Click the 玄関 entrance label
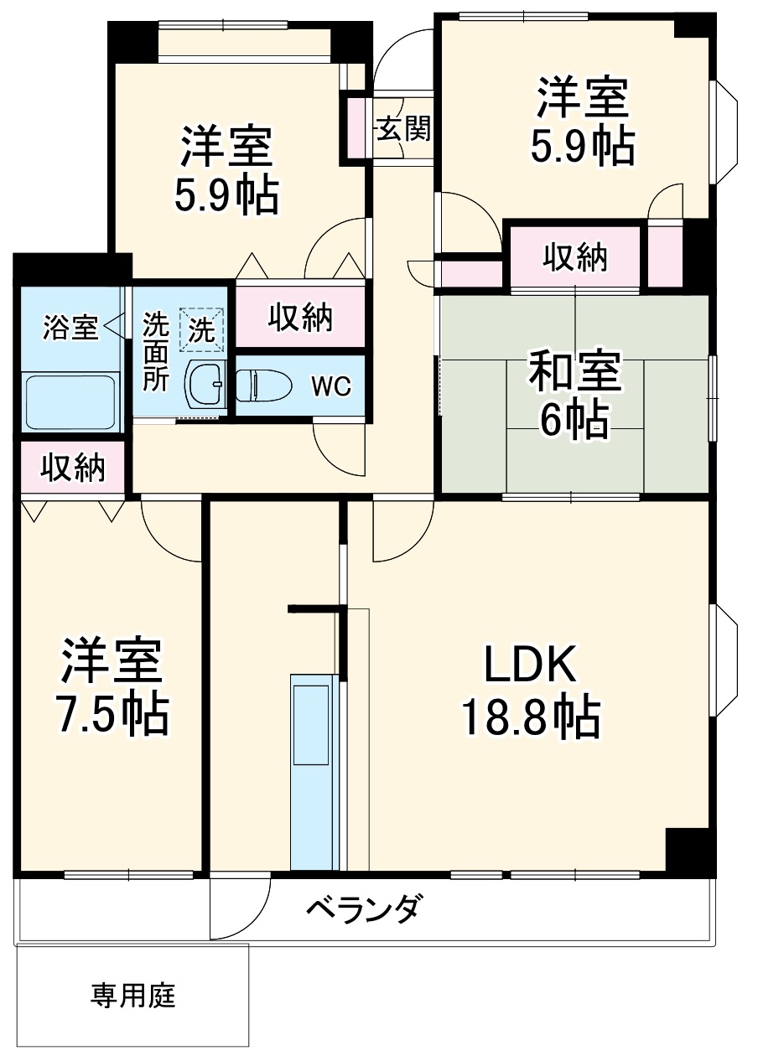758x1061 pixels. pos(402,128)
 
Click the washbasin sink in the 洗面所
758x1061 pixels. pos(205,385)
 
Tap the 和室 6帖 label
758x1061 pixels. pos(574,395)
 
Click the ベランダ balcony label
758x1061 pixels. pos(361,908)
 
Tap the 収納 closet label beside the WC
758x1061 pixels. pos(300,318)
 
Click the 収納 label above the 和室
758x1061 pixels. pos(574,257)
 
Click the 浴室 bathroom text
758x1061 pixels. pos(70,327)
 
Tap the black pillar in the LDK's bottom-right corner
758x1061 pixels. pos(689,851)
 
